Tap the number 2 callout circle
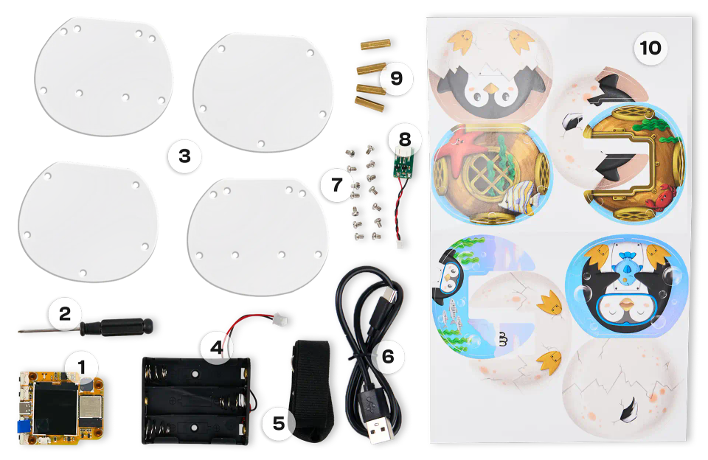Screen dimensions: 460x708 point(65,315)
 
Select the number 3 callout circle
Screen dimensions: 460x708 point(184,156)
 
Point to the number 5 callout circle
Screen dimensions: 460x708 point(278,423)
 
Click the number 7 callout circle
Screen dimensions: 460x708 point(337,184)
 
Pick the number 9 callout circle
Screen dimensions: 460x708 point(397,78)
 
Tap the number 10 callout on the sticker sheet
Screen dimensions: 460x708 point(650,49)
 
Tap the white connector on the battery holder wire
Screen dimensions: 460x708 point(278,321)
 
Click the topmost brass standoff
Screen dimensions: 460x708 point(369,45)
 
